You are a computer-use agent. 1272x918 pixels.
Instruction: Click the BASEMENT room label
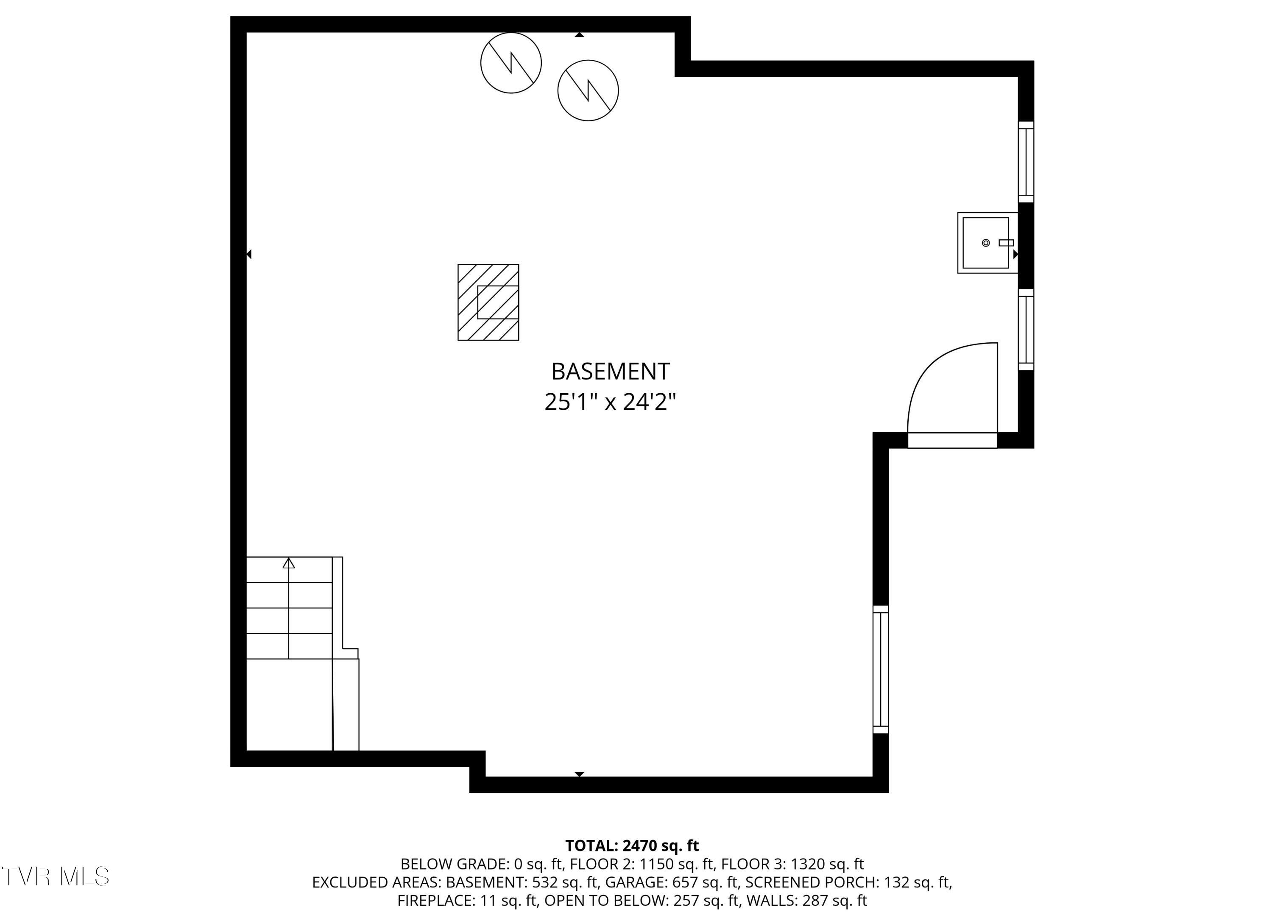coord(610,372)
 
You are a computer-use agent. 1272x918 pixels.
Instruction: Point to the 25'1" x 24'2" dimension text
coord(610,402)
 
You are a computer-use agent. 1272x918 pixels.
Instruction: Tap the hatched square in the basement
coord(488,302)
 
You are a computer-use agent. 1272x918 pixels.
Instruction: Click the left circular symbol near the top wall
coord(511,62)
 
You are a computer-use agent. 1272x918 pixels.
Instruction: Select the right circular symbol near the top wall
coord(588,90)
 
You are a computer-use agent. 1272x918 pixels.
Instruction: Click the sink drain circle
coord(985,243)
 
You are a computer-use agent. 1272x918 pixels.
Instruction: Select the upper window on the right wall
coord(1026,162)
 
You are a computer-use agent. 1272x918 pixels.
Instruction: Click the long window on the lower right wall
coord(881,669)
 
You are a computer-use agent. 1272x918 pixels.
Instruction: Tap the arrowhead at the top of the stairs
coord(289,563)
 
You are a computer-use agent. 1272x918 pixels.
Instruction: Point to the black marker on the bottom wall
coord(579,774)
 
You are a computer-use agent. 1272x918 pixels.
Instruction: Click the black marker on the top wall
coord(579,35)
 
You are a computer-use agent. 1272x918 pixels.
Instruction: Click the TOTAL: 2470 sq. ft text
coord(632,845)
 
